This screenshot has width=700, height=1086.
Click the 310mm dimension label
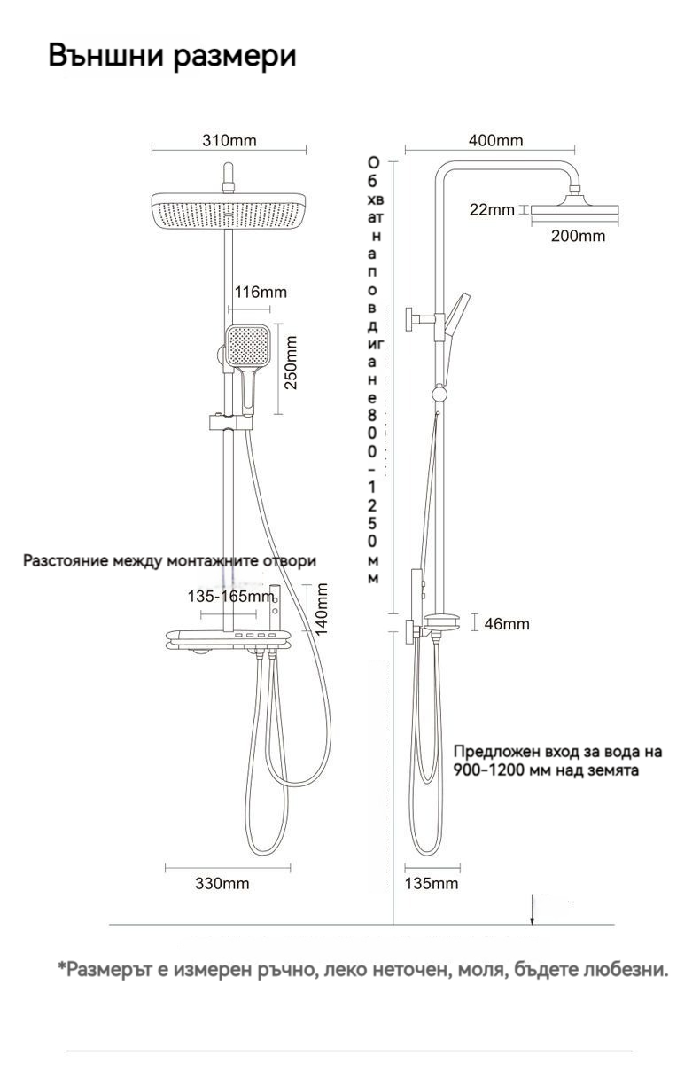coord(229,141)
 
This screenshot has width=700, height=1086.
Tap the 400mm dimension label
coord(495,141)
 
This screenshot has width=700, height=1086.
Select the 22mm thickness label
coord(492,210)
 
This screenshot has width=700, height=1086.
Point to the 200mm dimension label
coord(578,236)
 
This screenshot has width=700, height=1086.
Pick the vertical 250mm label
coord(291,363)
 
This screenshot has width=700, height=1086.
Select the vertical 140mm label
coord(323,609)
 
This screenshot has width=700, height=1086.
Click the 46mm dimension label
coord(507,624)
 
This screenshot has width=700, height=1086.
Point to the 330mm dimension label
coord(222,884)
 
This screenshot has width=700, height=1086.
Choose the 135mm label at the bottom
coord(432,884)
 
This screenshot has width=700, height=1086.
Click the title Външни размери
coord(172,56)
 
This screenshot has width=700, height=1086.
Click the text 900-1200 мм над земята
coord(547,770)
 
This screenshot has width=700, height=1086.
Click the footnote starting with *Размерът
coord(363,970)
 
